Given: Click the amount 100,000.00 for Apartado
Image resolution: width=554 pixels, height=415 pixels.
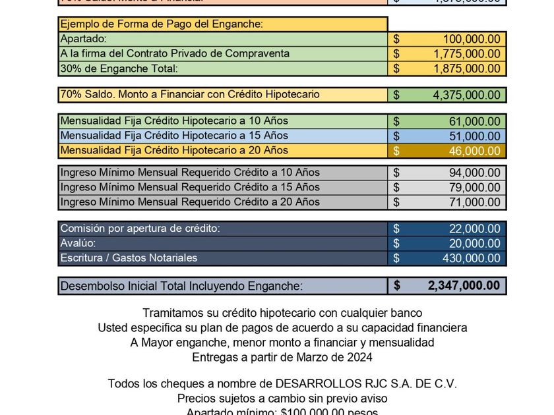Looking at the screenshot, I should [x=472, y=40].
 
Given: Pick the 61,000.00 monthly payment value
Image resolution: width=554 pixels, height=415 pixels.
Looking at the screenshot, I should [x=474, y=122].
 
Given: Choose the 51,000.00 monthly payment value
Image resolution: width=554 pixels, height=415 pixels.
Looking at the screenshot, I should [x=474, y=136].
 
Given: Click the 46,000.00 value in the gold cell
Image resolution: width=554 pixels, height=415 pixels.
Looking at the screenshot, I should [x=474, y=151].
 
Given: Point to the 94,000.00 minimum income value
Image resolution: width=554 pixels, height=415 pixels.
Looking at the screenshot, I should [x=474, y=173].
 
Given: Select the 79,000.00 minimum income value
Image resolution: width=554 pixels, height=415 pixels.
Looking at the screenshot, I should [x=474, y=188].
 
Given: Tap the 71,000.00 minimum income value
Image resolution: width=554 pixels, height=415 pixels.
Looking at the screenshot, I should [x=474, y=202].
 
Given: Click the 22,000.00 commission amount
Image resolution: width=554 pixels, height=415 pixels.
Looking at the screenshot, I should [x=474, y=229].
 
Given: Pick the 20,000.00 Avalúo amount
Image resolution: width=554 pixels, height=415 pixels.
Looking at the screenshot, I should [x=474, y=244].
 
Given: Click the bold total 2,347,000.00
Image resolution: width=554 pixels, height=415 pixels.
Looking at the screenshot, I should [x=464, y=286].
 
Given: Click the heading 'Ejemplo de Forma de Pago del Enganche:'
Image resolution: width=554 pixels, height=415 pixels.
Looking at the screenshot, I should [x=162, y=24].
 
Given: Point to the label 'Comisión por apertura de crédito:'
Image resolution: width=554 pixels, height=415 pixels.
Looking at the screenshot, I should [x=140, y=229].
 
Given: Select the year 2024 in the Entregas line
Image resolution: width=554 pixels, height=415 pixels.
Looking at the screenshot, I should [x=360, y=358].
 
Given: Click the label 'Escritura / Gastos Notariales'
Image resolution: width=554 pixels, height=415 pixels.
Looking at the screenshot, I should [x=129, y=258].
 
